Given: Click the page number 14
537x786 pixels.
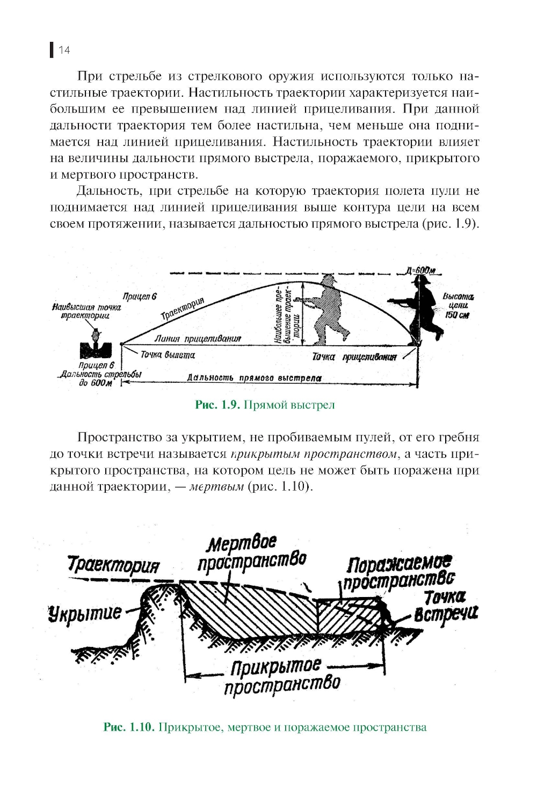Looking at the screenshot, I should tap(64, 50).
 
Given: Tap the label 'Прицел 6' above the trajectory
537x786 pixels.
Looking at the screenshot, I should tap(140, 296).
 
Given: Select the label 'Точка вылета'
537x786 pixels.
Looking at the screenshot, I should tap(168, 355).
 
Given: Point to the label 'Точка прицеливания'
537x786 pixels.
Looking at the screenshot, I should tap(354, 357).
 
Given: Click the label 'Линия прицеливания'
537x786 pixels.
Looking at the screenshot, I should tap(198, 339).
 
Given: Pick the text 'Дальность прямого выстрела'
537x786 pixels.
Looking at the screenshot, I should tap(253, 378).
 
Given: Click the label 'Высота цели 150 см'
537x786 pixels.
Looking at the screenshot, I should tap(457, 305).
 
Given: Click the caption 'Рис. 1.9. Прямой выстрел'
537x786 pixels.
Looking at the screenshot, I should tap(265, 405).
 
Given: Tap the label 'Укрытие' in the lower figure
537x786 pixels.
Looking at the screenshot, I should tap(84, 613).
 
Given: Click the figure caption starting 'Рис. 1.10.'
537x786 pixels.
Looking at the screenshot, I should tap(265, 727).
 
